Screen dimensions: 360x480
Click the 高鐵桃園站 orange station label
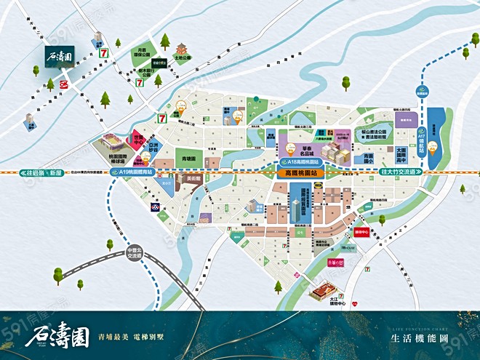pyautogui.click(x=300, y=175)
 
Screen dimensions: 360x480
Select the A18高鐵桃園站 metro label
pyautogui.click(x=300, y=163)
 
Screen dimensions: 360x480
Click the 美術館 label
pyautogui.click(x=193, y=178)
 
